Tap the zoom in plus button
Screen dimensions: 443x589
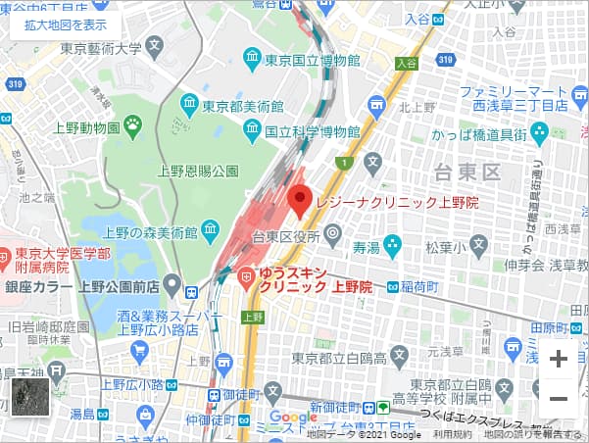(559, 359)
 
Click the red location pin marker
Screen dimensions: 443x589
(299, 200)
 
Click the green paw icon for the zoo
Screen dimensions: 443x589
(132, 124)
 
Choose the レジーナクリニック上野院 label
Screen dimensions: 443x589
(396, 202)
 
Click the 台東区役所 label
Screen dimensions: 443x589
(286, 235)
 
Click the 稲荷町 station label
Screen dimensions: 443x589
(418, 287)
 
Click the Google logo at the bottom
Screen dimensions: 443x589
(293, 417)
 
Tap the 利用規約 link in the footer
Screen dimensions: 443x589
(452, 434)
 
